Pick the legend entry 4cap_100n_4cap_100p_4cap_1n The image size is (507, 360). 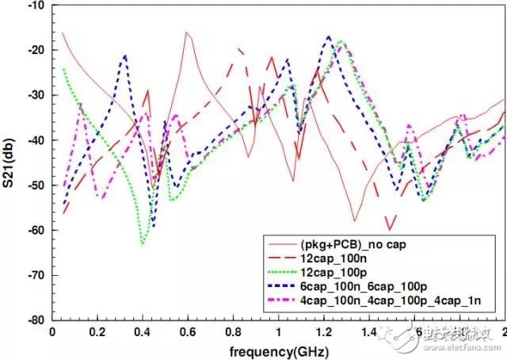tap(372, 298)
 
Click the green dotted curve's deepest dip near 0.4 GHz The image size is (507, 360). tap(143, 244)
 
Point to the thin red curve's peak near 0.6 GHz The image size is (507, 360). tap(187, 33)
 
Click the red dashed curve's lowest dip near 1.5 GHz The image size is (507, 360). tap(389, 228)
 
